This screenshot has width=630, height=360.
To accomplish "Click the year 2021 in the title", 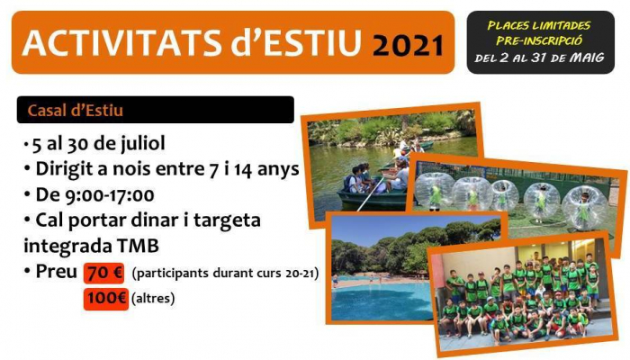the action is [408, 45].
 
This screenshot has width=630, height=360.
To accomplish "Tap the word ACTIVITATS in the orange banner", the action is [121, 42].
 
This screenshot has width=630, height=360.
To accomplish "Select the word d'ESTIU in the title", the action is [296, 41].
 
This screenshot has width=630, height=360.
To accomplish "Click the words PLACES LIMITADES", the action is [539, 26].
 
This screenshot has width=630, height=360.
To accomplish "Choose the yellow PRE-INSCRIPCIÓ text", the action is [539, 40].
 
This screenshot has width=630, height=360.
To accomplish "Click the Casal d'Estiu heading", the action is [75, 110].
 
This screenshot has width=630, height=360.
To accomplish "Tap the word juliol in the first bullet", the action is [143, 143].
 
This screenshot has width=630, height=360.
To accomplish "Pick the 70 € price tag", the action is [104, 274].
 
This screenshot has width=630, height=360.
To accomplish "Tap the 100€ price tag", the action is [106, 299].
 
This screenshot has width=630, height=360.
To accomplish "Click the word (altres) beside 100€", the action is [153, 299].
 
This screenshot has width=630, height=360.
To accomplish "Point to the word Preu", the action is [56, 272].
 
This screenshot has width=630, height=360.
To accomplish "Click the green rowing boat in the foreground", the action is [372, 198].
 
